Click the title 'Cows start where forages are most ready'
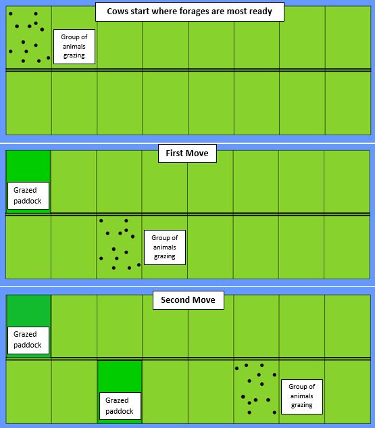(190, 11)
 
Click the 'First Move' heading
(187, 153)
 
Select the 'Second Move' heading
(189, 300)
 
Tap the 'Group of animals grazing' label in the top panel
(74, 47)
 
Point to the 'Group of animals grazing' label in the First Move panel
(165, 247)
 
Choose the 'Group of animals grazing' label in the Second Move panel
(302, 396)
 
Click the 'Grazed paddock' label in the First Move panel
(28, 195)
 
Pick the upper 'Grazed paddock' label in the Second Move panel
(28, 340)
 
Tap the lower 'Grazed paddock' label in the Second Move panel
(120, 406)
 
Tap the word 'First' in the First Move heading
(174, 153)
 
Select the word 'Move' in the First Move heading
(197, 153)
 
